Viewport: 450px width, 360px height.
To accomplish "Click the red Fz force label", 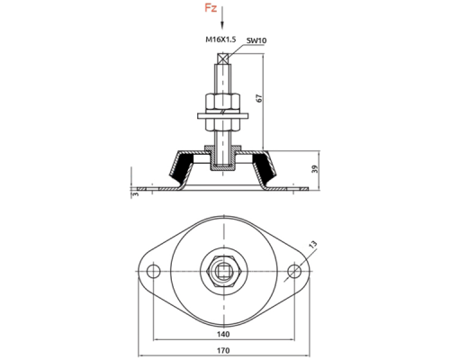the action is click(211, 8).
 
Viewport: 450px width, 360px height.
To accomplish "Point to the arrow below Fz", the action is click(222, 18).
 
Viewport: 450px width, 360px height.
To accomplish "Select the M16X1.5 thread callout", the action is click(220, 40).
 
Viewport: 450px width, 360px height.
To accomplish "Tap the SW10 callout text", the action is click(256, 40).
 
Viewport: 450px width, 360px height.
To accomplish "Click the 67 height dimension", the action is click(259, 98).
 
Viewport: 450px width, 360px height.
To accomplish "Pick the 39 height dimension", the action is click(314, 169).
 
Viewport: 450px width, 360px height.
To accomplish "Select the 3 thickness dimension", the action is click(136, 194).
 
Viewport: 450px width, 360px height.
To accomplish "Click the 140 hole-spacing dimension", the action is click(223, 334).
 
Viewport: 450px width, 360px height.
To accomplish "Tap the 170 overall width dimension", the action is click(223, 350).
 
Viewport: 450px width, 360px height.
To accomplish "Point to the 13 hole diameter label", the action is click(312, 245).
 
